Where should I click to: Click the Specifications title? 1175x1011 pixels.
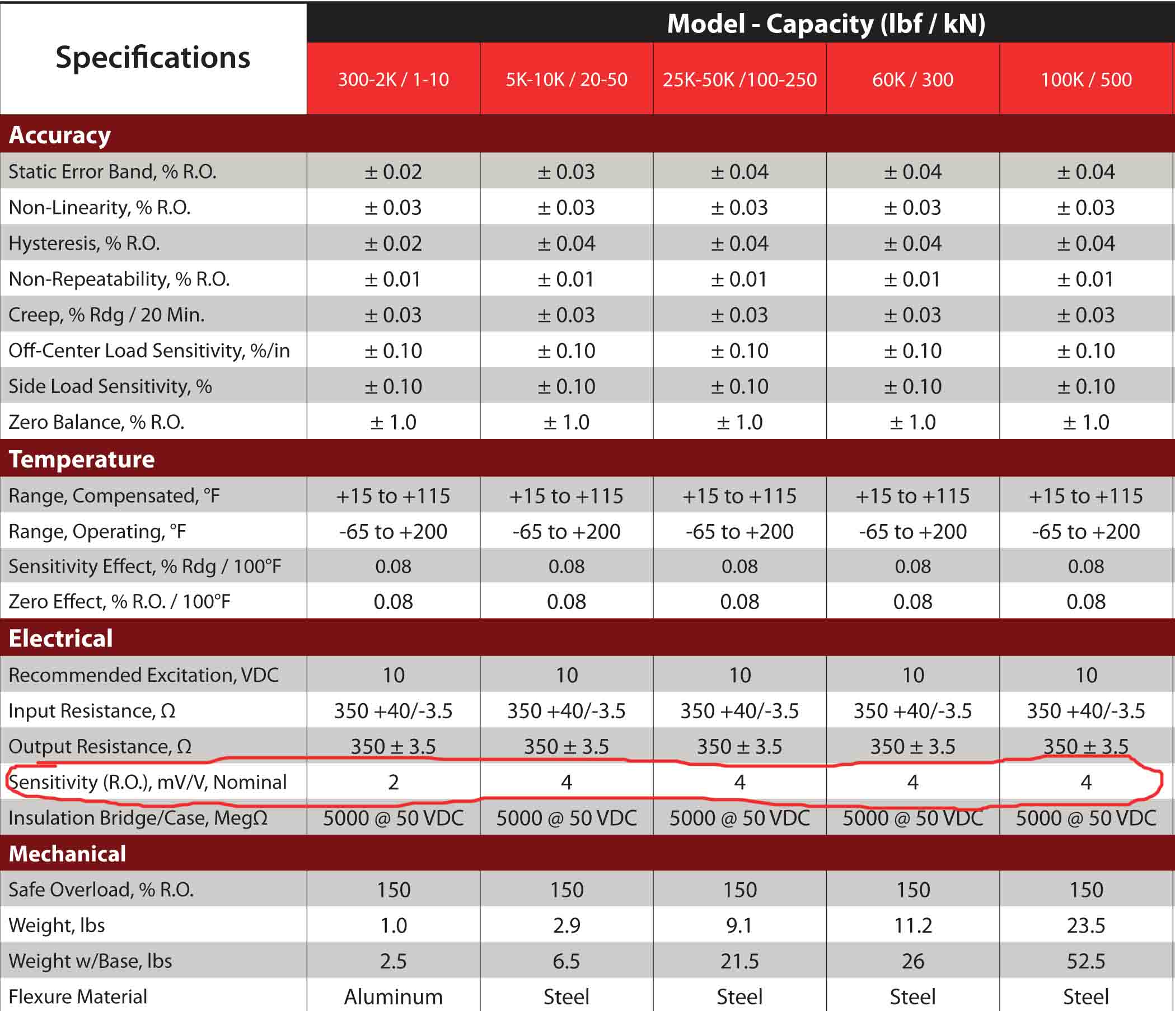(153, 57)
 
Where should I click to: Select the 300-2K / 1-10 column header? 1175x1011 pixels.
(393, 79)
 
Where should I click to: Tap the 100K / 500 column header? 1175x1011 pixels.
(1086, 79)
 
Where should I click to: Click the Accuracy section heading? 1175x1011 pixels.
(59, 135)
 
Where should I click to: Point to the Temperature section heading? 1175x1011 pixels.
(81, 458)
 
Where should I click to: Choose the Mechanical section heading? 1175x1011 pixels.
(67, 853)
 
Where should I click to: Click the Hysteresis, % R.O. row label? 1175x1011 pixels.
(84, 244)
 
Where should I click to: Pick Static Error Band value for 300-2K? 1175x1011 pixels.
(393, 172)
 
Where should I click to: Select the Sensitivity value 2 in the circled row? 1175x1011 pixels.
(393, 783)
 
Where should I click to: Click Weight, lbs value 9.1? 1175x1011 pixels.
(739, 925)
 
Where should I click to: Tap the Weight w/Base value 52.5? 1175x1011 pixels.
(1086, 961)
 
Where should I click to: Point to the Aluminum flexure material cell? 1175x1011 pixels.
(393, 997)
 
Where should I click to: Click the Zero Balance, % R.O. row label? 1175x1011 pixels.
(96, 422)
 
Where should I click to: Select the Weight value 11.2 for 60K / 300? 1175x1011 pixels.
(912, 925)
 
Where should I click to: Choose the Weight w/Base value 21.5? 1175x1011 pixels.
(739, 961)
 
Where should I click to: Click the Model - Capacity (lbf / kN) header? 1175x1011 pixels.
(826, 24)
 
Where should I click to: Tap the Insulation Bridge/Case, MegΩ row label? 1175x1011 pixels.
(138, 818)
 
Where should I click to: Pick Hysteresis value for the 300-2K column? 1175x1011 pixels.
(393, 244)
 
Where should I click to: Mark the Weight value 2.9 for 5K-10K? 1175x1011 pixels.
(566, 925)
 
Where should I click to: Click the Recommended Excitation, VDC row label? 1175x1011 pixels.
(143, 675)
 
